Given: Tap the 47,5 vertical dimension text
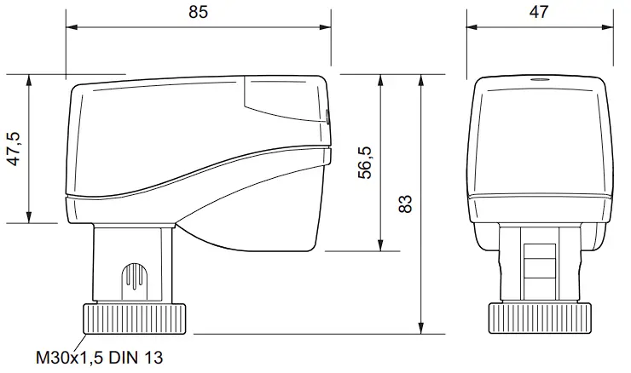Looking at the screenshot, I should pos(14,150).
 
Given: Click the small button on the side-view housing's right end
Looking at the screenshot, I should pos(327,117).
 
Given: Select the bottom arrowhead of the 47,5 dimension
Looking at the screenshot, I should pos(31,219).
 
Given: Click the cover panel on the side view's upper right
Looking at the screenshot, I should pos(286,95).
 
